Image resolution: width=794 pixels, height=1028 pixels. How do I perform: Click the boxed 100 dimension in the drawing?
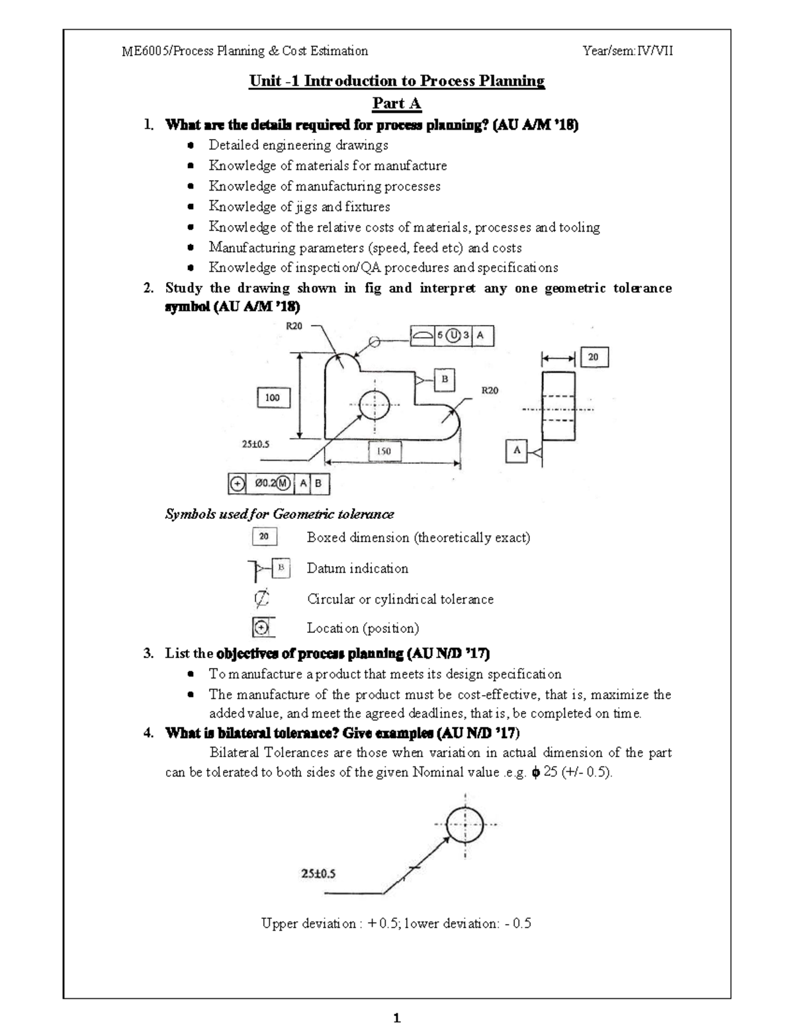273,398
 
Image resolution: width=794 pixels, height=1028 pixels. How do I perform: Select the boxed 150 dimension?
384,451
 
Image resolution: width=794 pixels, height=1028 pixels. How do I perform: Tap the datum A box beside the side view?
517,451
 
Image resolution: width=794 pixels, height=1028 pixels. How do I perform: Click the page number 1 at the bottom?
397,1018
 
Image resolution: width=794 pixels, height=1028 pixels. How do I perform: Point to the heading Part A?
396,103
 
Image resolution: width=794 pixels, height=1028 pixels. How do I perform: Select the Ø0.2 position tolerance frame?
279,484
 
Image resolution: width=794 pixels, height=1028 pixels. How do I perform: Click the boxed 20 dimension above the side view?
594,357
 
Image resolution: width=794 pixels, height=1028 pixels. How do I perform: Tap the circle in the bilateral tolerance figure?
466,825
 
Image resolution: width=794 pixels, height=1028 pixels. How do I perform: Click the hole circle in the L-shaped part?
375,404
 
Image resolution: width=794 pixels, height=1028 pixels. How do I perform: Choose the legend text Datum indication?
357,569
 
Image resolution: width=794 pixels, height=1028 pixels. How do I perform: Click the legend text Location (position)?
363,628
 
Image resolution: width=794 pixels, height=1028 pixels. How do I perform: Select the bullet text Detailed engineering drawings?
298,145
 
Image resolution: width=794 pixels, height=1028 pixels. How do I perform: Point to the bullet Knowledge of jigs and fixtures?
299,207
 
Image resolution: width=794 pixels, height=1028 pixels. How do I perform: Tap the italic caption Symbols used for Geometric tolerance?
279,514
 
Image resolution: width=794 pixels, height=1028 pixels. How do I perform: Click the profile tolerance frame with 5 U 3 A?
452,336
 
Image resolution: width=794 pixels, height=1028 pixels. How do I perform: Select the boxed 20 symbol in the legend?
264,537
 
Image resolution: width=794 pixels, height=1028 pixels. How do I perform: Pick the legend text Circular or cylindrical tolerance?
400,599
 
